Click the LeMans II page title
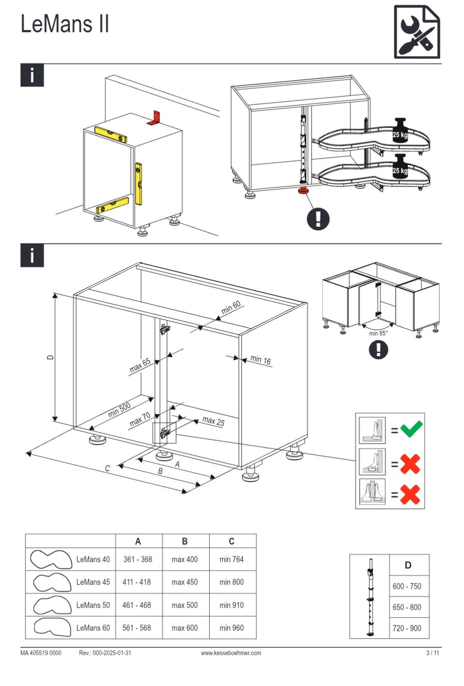pos(65,24)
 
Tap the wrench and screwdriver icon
pos(417,31)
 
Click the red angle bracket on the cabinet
pos(154,118)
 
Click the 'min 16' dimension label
pos(261,360)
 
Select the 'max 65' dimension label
pos(140,365)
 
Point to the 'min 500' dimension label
pos(119,409)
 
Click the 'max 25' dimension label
pos(213,421)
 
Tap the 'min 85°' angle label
pos(378,333)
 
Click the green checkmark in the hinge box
pos(411,429)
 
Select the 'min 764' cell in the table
pos(231,559)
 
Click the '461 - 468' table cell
pos(136,605)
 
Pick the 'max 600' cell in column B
pos(185,628)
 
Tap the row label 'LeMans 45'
pos(93,582)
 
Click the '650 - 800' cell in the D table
pos(406,607)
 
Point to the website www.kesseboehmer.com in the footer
pos(231,653)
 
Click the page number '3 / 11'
pos(433,653)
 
